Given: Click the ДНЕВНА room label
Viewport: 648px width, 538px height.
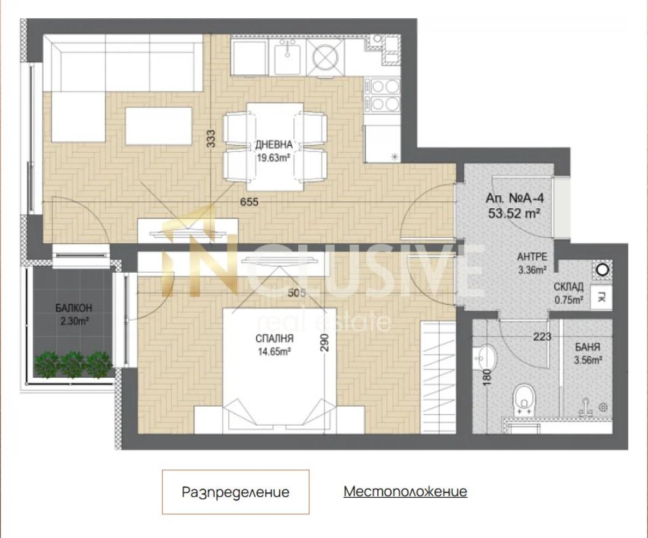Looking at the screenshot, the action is pyautogui.click(x=273, y=145).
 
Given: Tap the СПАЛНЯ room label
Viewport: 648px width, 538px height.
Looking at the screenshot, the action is pyautogui.click(x=274, y=338).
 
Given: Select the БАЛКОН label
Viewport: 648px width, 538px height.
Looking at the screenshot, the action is pyautogui.click(x=74, y=308).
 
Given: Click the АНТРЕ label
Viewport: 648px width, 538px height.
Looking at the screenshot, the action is pyautogui.click(x=532, y=257).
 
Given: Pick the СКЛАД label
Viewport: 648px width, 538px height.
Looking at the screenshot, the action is pyautogui.click(x=568, y=287).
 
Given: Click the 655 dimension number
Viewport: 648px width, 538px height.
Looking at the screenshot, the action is pyautogui.click(x=249, y=202).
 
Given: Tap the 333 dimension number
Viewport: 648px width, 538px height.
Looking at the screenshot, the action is pyautogui.click(x=211, y=138).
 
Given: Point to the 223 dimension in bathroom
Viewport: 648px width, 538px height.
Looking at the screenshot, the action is pyautogui.click(x=542, y=336).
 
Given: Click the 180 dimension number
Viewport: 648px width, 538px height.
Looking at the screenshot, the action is pyautogui.click(x=488, y=377).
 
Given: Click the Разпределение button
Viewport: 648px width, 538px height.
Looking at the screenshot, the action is pyautogui.click(x=236, y=492).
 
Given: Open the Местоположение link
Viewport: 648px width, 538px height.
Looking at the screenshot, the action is pyautogui.click(x=405, y=491).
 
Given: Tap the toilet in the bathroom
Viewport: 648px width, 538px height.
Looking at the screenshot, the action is pyautogui.click(x=525, y=400).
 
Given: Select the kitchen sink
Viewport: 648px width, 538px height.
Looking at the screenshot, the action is pyautogui.click(x=287, y=56).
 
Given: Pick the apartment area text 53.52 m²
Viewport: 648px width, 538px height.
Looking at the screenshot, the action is pyautogui.click(x=515, y=213).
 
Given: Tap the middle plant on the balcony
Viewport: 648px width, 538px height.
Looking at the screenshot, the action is pyautogui.click(x=72, y=364).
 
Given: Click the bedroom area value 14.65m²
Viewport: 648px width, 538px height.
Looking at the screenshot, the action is pyautogui.click(x=274, y=351).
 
